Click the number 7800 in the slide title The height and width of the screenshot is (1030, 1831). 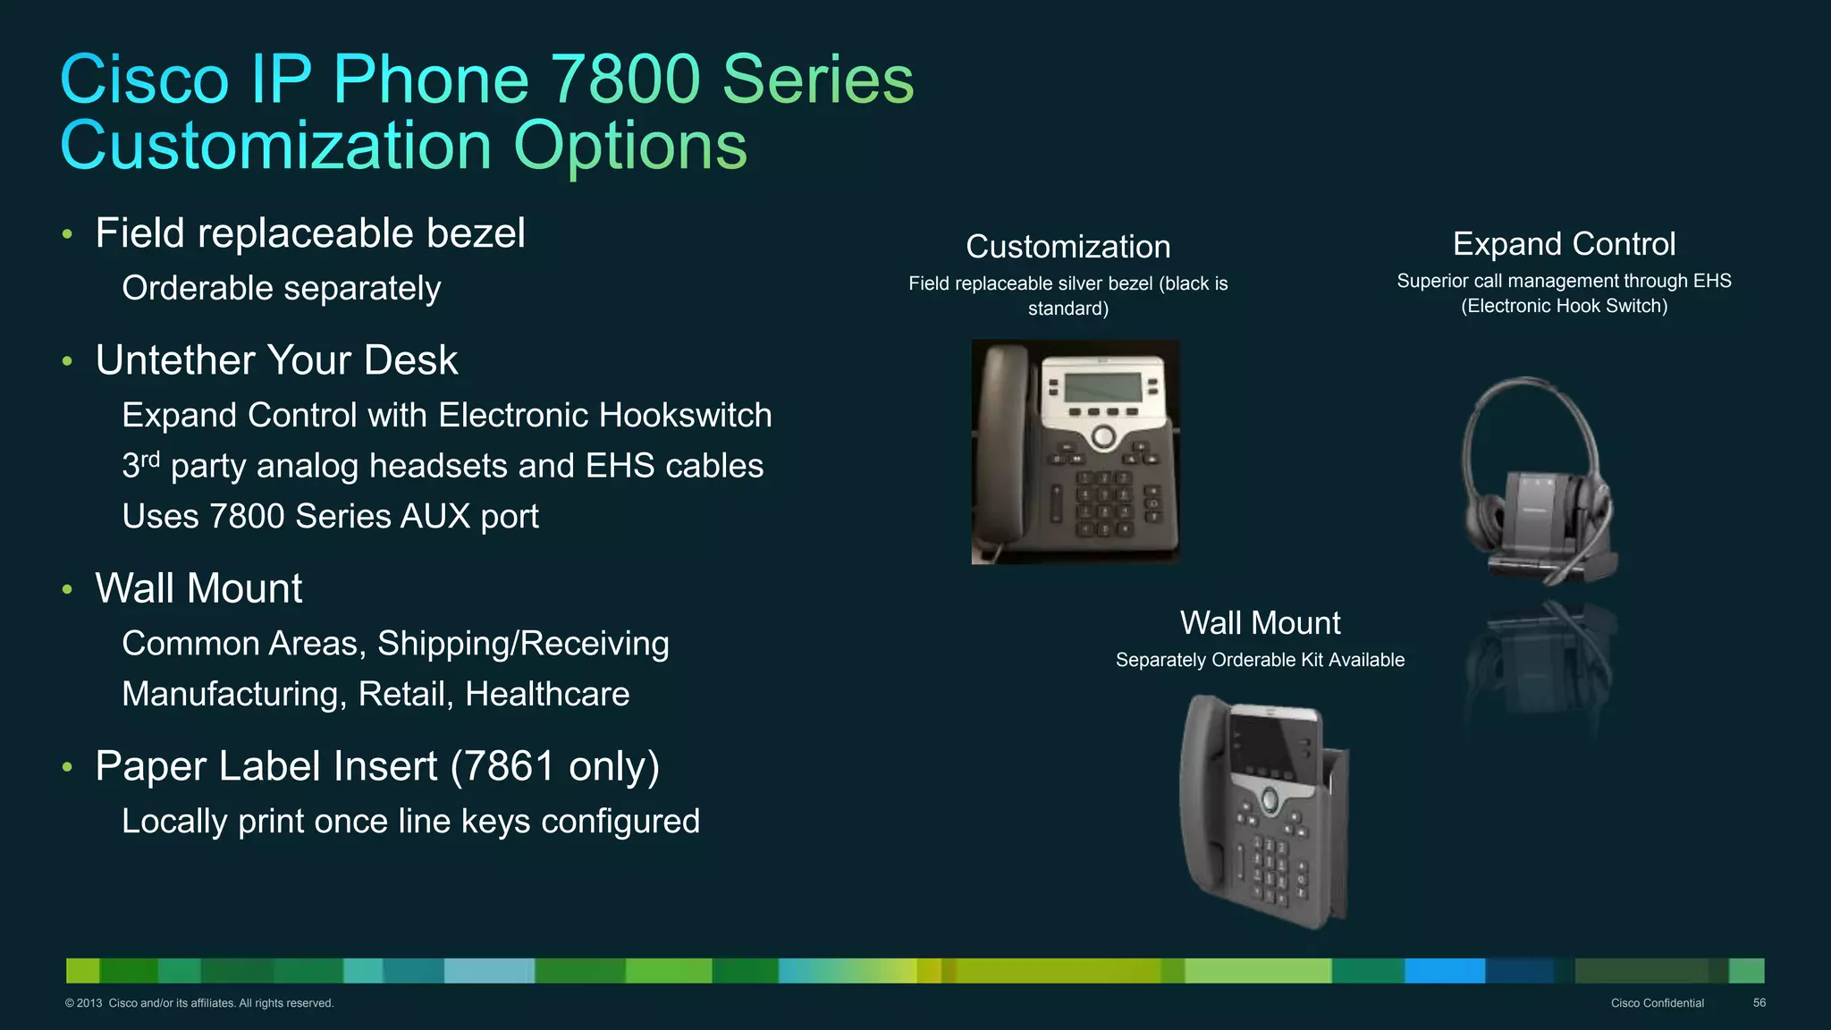(x=624, y=80)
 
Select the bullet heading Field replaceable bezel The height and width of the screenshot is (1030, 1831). (x=309, y=233)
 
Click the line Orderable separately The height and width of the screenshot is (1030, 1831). (x=281, y=289)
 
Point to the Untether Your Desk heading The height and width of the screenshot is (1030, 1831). (x=276, y=360)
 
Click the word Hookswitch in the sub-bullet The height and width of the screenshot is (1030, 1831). (x=685, y=416)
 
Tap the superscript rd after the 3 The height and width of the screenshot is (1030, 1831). (x=150, y=460)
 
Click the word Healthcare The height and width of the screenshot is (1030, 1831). (x=547, y=695)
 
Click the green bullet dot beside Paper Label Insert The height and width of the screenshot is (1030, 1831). (x=67, y=767)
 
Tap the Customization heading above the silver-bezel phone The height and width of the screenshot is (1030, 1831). (x=1067, y=247)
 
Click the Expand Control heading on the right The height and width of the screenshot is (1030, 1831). (x=1564, y=244)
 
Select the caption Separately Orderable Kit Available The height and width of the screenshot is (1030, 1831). (x=1260, y=660)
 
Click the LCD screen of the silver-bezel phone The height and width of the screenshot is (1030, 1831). (x=1102, y=386)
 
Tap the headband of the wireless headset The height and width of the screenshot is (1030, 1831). (x=1531, y=393)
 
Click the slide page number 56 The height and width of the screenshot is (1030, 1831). (x=1759, y=1003)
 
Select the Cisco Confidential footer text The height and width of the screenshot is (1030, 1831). (x=1657, y=1003)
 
